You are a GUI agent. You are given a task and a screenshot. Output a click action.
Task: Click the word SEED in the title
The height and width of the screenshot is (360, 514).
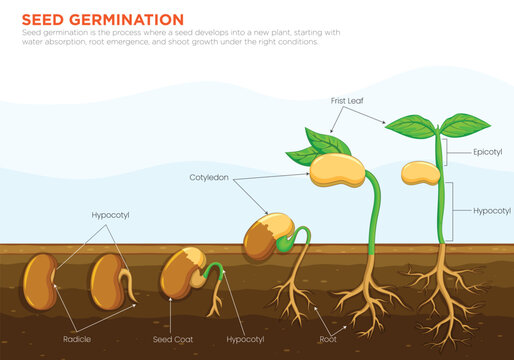click(44, 19)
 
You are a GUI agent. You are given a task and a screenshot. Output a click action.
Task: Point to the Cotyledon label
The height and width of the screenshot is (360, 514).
click(209, 177)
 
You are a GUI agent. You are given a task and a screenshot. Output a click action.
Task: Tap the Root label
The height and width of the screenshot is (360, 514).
click(328, 339)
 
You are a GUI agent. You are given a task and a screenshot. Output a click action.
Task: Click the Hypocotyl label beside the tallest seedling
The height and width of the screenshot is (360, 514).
click(491, 211)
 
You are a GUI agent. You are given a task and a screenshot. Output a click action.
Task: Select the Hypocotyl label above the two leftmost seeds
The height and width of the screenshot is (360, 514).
click(110, 215)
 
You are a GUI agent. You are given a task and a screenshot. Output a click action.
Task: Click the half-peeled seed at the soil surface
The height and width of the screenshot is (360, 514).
click(267, 237)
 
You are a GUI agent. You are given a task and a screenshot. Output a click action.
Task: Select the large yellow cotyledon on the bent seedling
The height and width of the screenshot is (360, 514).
click(336, 169)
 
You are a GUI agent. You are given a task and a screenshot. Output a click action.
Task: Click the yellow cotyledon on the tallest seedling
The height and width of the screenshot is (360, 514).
click(421, 172)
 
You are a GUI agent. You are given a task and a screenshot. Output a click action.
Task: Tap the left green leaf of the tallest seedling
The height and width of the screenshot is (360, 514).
click(411, 126)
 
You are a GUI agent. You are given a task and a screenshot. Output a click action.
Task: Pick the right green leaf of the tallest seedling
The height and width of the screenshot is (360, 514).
click(465, 125)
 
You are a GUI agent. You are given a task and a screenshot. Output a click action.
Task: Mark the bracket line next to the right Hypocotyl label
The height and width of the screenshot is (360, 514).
click(453, 211)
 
